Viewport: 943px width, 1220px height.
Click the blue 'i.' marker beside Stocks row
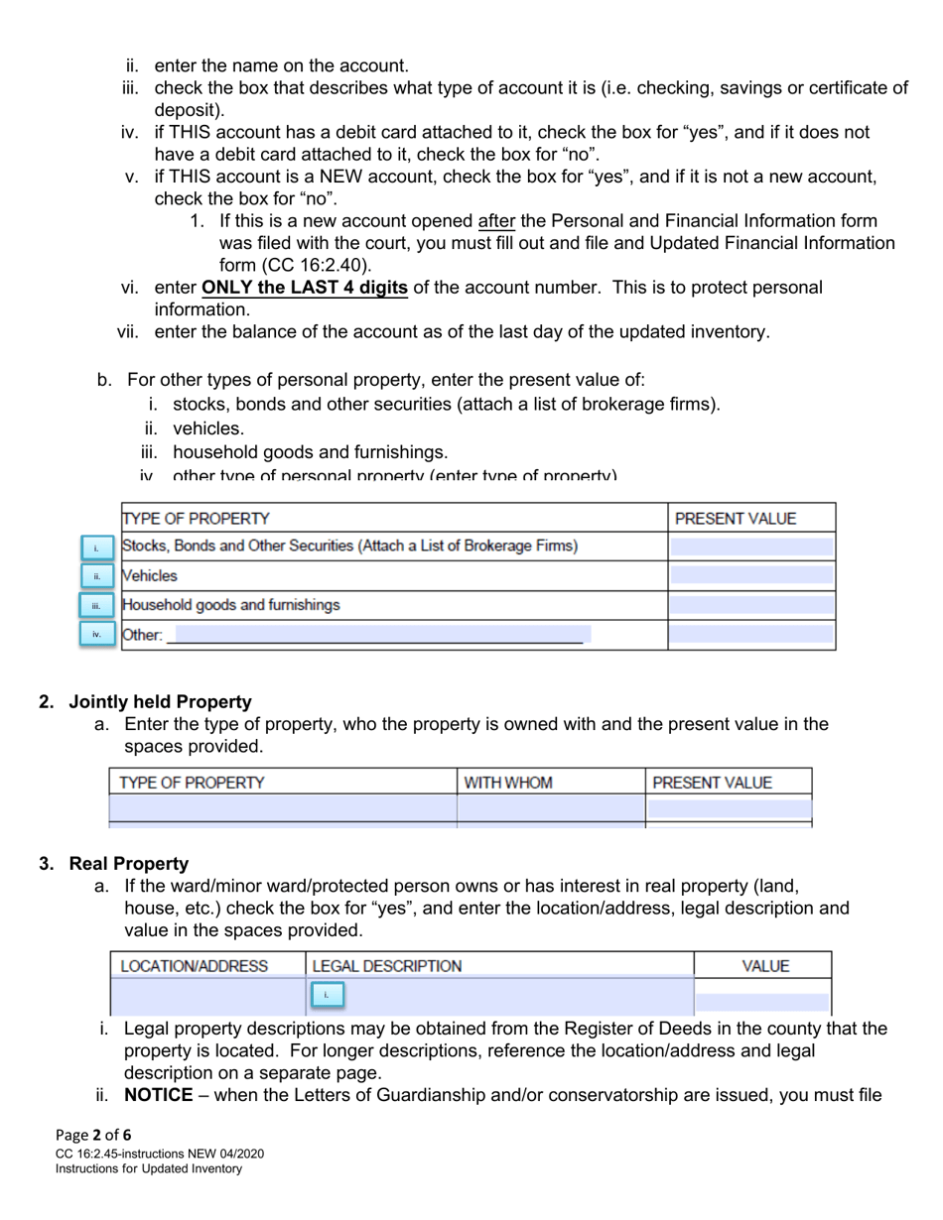point(96,548)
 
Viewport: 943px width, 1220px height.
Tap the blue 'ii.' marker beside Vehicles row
point(96,576)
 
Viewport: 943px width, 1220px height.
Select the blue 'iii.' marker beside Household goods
point(96,605)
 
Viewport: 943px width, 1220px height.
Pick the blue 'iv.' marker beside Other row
point(96,633)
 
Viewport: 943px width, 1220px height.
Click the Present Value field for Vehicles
point(751,575)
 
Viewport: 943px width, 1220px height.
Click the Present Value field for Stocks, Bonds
point(751,547)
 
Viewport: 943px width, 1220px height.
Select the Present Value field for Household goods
point(751,605)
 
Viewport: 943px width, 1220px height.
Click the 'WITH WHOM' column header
point(508,783)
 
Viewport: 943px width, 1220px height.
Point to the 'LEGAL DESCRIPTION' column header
point(387,966)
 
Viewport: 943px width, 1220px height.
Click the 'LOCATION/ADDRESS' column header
point(194,966)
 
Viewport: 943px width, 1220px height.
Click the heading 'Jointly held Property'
point(160,702)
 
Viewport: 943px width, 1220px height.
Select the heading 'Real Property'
point(128,864)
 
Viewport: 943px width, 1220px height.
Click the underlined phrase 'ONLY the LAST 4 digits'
point(304,288)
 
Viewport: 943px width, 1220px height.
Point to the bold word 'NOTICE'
point(158,1096)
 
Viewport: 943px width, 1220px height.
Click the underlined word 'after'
point(496,220)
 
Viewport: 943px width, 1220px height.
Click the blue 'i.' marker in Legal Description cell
point(327,994)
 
